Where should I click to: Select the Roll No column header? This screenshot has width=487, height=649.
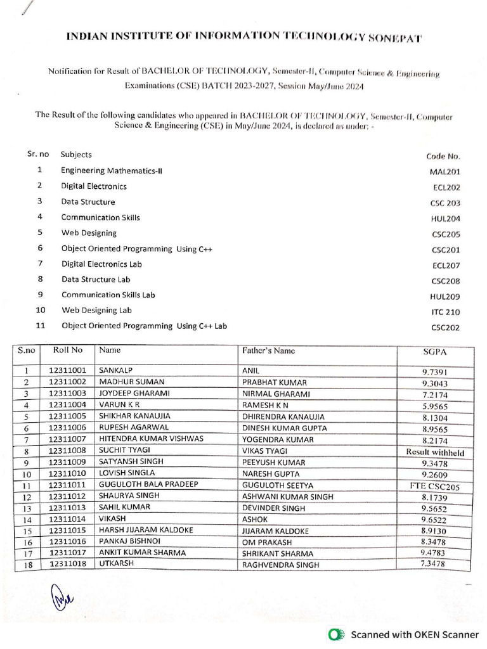point(68,350)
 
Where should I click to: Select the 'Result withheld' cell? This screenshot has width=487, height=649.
point(435,453)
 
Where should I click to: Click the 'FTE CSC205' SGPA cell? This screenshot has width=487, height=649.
point(435,486)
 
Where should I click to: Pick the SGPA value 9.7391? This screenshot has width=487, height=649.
point(435,372)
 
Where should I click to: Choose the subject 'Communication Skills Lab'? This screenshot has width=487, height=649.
point(108,295)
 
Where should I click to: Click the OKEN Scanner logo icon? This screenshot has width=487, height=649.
point(337,634)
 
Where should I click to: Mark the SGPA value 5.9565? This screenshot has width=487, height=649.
point(435,406)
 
